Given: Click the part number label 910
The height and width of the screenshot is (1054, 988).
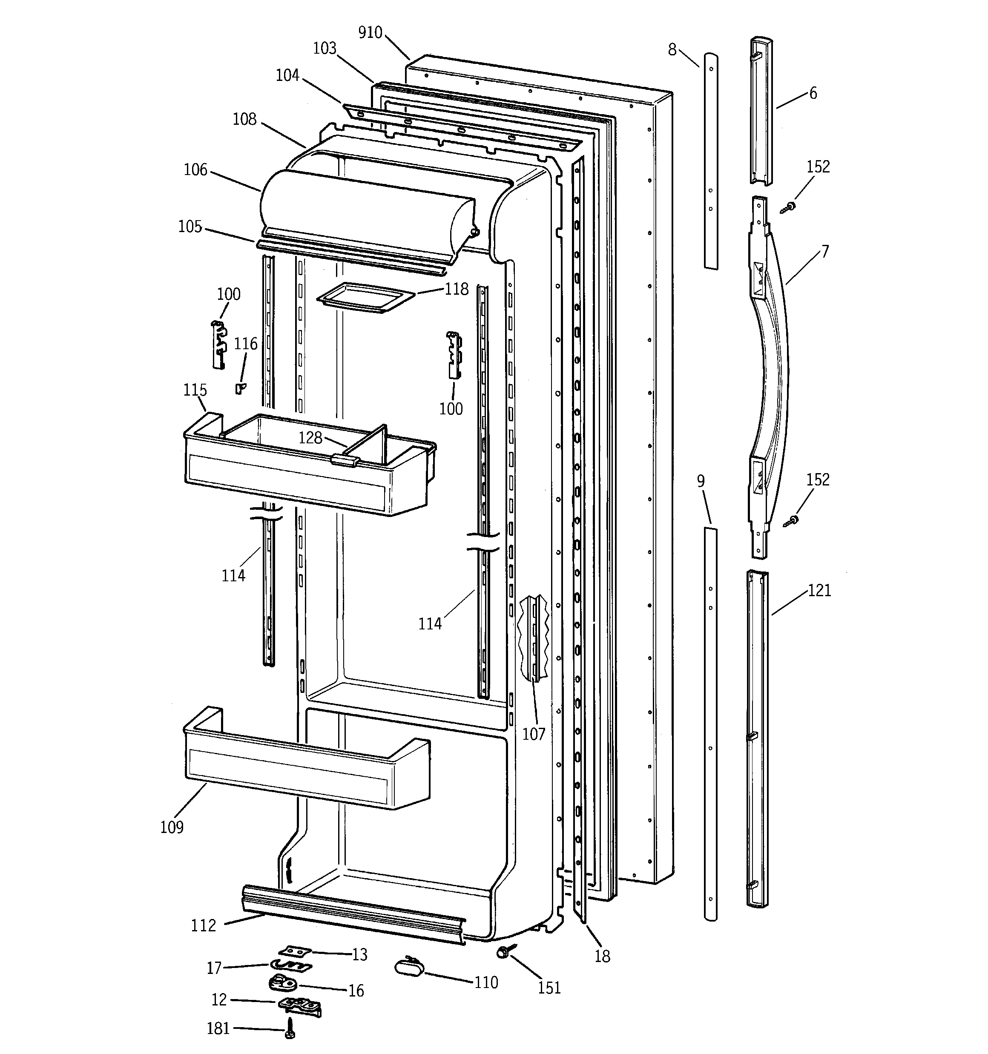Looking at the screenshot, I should [370, 33].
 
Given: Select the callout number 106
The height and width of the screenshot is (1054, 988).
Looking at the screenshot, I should [195, 169].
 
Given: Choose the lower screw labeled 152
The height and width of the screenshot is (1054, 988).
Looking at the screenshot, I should [792, 521].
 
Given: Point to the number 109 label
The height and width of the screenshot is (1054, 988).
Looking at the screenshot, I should [172, 827].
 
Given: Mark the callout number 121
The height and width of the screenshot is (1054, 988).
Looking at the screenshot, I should [819, 590].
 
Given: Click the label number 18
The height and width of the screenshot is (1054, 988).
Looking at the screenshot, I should [602, 956].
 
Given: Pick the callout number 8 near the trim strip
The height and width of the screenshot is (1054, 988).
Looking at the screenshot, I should [672, 50].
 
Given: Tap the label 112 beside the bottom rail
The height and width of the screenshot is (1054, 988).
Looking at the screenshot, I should [204, 926].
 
